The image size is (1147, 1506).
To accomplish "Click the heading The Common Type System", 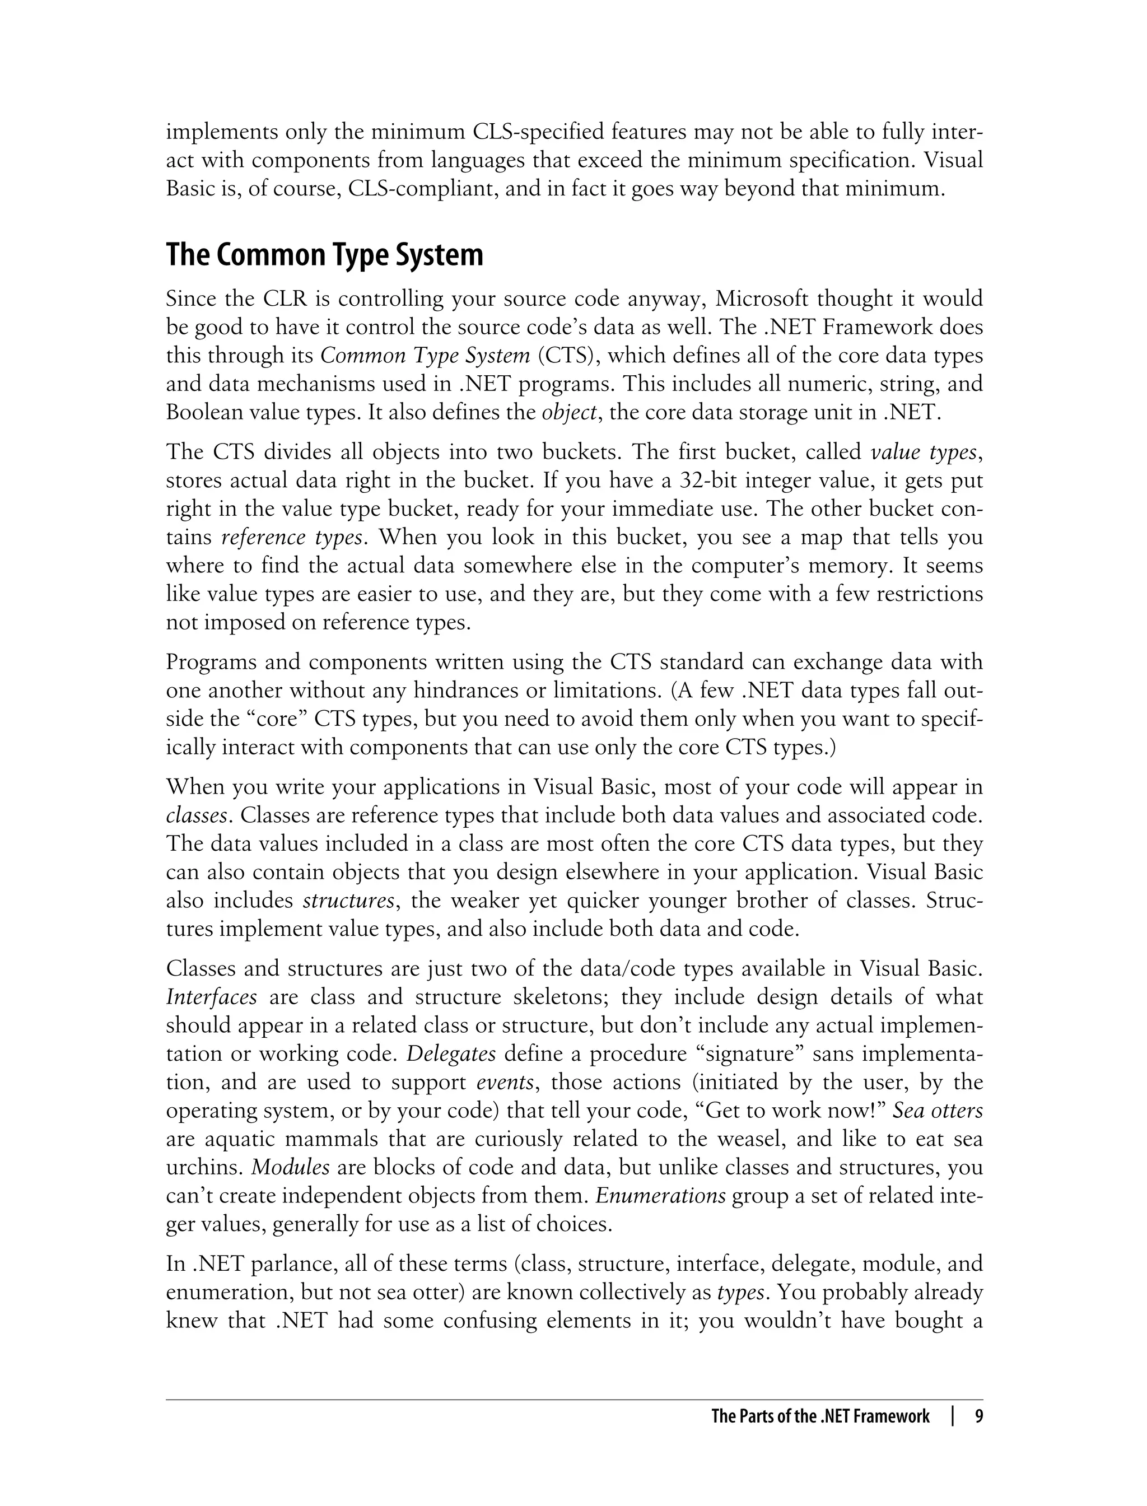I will [x=324, y=255].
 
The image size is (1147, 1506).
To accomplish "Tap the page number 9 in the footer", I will [x=978, y=1416].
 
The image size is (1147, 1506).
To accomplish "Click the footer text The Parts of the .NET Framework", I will [x=820, y=1416].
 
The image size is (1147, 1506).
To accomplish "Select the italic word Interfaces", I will [x=212, y=997].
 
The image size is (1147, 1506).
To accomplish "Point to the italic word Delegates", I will [x=451, y=1054].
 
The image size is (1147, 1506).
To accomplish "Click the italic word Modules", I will [x=291, y=1167].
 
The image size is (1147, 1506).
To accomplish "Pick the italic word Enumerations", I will [x=660, y=1195].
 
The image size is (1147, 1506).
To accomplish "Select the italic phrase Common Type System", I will [x=425, y=356].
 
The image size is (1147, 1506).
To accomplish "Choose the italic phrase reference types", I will [x=292, y=537].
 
